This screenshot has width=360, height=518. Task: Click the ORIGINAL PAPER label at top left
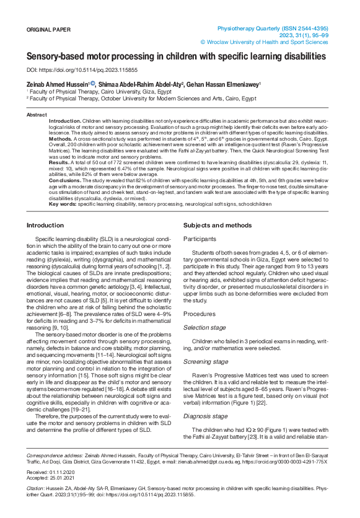click(x=49, y=30)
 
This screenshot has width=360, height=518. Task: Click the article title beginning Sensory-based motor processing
click(x=176, y=56)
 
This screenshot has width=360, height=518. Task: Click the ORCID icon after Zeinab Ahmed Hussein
click(x=92, y=83)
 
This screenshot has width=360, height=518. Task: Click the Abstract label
click(x=36, y=115)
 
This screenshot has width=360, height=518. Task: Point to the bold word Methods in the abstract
click(x=61, y=139)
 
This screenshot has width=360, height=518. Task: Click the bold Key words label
click(x=63, y=203)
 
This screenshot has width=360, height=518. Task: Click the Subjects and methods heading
click(x=217, y=224)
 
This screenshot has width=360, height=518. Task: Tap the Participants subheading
click(x=201, y=239)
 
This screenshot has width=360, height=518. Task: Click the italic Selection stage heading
click(x=205, y=327)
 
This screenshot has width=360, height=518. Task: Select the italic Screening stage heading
click(x=206, y=361)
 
